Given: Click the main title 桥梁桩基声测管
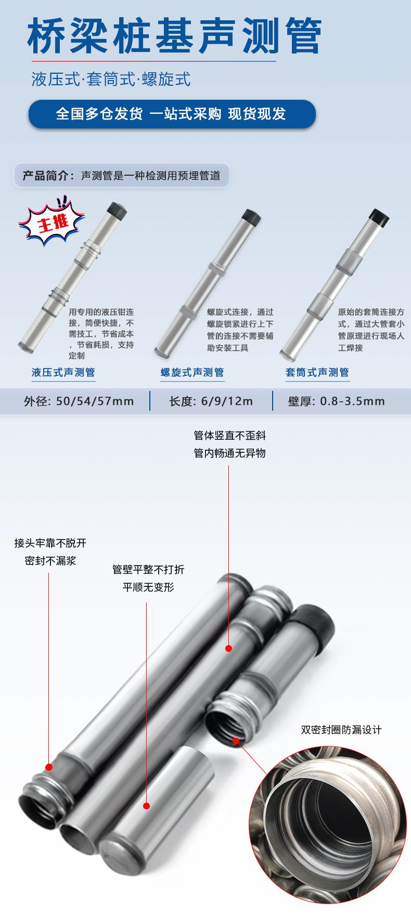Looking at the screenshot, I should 174,36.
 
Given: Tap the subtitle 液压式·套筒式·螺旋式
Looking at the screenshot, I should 111,80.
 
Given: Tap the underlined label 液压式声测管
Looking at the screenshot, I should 63,372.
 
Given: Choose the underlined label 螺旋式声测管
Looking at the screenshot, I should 192,372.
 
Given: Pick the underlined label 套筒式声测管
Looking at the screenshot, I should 317,372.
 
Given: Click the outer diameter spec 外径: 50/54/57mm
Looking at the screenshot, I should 79,401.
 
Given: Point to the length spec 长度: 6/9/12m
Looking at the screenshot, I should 211,401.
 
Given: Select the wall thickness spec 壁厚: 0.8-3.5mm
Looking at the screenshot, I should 336,401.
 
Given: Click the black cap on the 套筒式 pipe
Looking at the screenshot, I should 379,217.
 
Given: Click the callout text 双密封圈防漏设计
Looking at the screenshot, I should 341,730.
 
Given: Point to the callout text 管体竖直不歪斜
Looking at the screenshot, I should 229,436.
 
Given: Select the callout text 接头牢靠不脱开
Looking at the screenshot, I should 50,543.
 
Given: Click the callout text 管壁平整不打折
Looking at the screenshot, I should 148,570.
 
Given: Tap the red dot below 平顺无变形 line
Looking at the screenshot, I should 146,806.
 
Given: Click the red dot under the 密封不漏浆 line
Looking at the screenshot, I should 49,767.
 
